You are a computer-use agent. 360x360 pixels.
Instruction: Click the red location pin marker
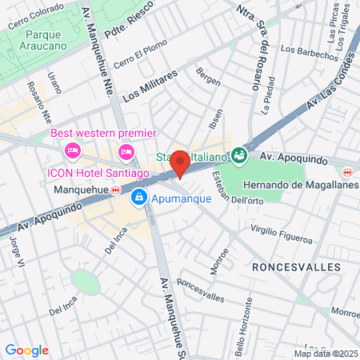(x=180, y=162)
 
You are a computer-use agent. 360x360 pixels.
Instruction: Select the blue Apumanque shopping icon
(x=139, y=195)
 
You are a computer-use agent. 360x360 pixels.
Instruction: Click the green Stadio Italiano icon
(x=238, y=154)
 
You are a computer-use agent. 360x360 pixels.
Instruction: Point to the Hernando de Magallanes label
(x=290, y=185)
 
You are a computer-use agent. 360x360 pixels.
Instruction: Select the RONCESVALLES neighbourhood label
(x=296, y=266)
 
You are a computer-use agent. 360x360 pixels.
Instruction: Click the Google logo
(x=27, y=350)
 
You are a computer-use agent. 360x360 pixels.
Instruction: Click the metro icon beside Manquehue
(x=116, y=190)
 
